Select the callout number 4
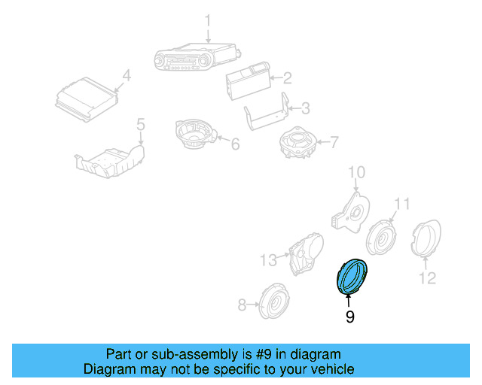(126, 75)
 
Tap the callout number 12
(427, 279)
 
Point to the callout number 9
(349, 317)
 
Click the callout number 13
(269, 260)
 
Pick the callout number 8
(242, 305)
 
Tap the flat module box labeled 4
(87, 99)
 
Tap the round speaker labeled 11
(382, 238)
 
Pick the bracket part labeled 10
(348, 206)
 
